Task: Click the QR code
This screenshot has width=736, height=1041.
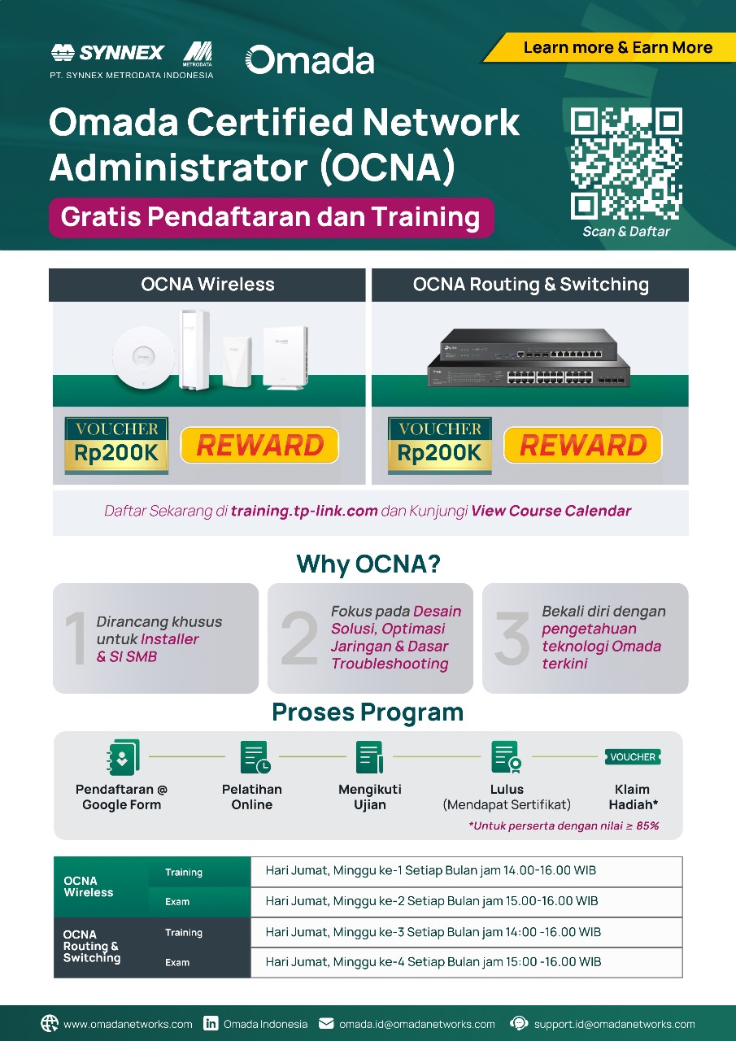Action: (x=625, y=163)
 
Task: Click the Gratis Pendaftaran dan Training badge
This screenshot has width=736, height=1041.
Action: (x=271, y=218)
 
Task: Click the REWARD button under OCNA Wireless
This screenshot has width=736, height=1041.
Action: (x=259, y=446)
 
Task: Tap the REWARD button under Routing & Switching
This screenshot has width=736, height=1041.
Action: (x=582, y=446)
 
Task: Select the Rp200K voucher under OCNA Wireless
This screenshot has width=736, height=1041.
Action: (x=116, y=446)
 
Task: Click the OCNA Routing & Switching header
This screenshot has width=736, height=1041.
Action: (x=530, y=285)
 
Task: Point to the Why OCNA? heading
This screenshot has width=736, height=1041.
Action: (x=368, y=564)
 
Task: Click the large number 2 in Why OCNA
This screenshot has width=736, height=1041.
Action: (x=299, y=639)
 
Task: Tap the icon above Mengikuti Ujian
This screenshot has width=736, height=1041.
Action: (x=369, y=756)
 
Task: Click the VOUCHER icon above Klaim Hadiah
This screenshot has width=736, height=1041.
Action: (x=633, y=757)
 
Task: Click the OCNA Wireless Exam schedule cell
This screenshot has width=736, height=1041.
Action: (x=466, y=901)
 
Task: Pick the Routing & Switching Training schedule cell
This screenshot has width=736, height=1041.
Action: (x=466, y=932)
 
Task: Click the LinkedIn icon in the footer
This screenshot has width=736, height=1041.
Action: (x=211, y=1024)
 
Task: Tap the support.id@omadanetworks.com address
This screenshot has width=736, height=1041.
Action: (x=614, y=1024)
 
